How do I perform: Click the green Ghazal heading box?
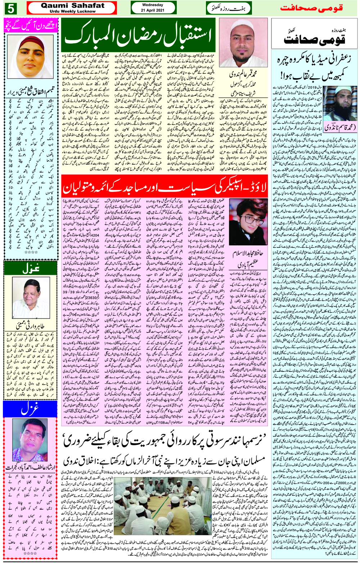30,268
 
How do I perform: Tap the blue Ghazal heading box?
30,409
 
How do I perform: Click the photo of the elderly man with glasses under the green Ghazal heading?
30,298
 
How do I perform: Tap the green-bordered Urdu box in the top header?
229,8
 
